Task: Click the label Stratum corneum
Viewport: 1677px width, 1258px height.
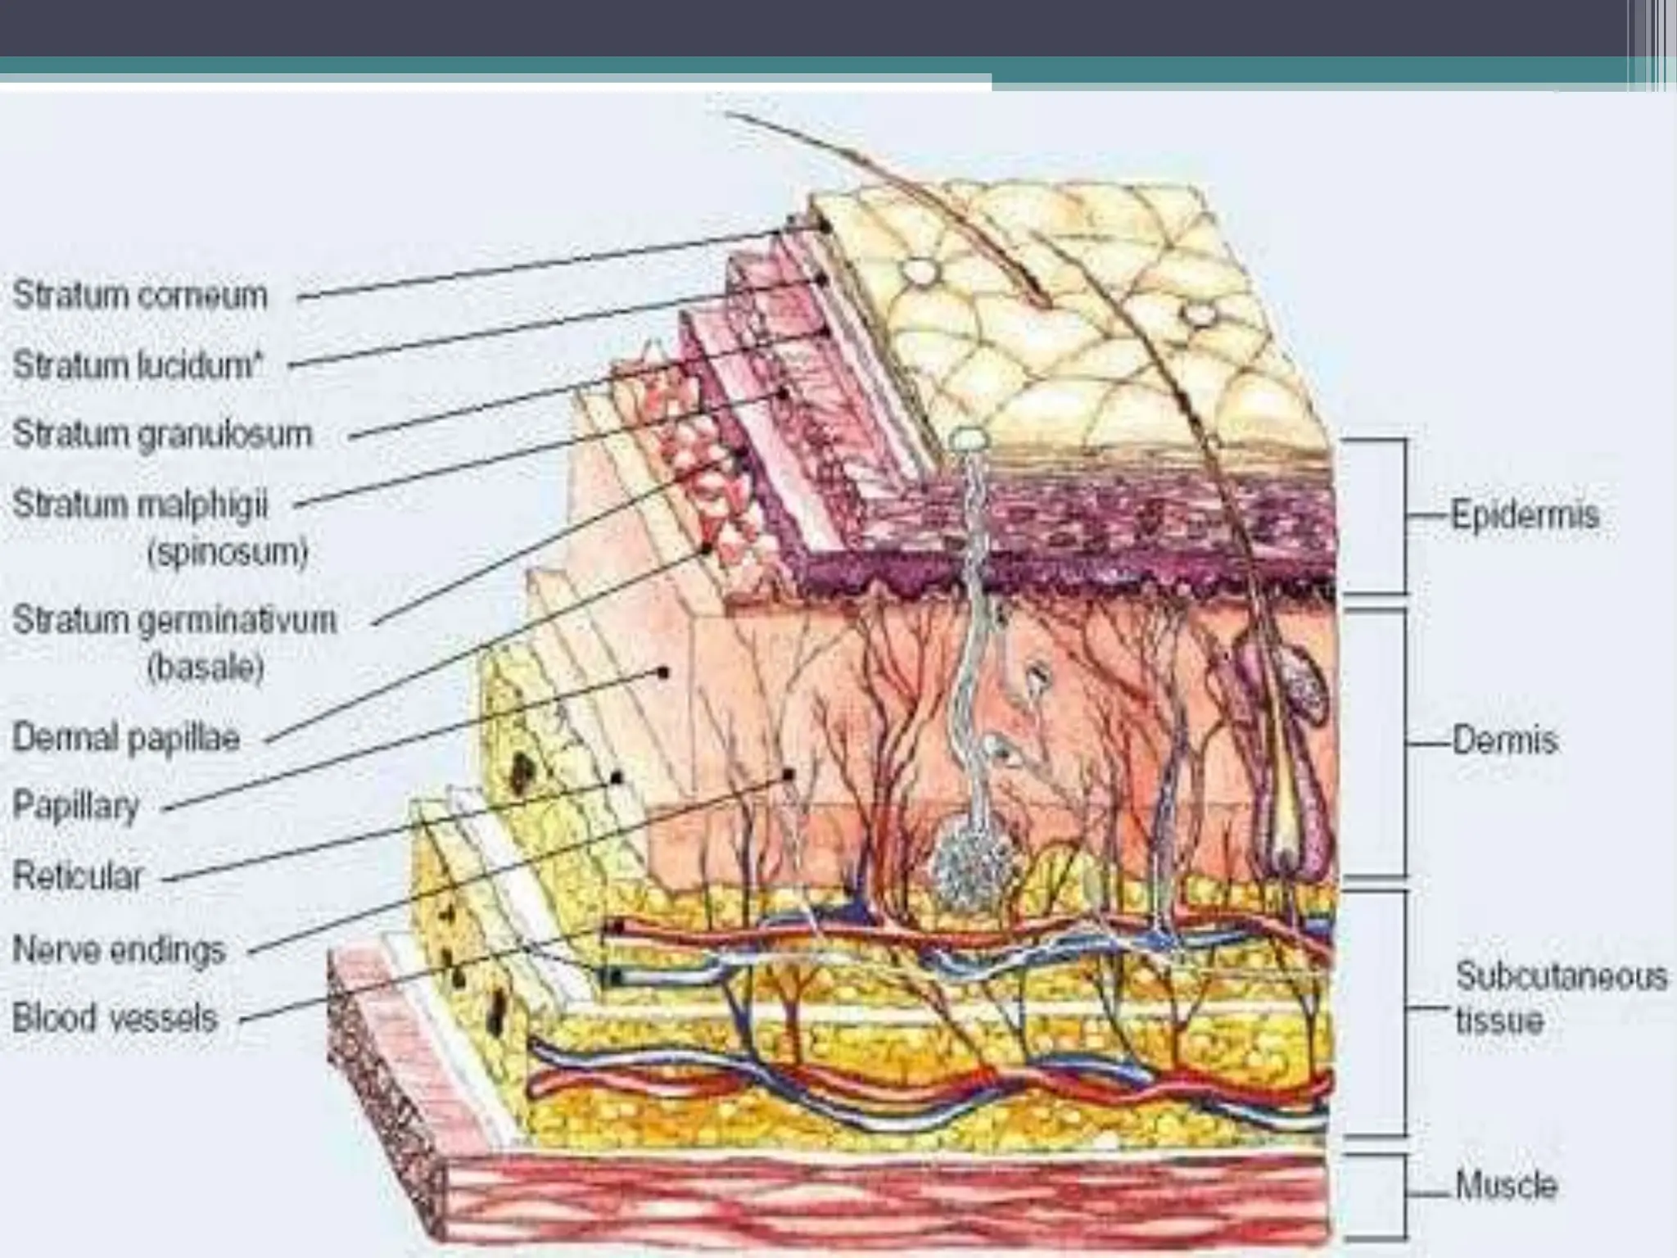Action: tap(140, 296)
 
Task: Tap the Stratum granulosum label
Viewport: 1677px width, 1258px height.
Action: tap(162, 434)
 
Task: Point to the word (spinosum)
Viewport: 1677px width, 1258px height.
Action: tap(228, 554)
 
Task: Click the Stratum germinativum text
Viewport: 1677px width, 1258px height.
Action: tap(174, 621)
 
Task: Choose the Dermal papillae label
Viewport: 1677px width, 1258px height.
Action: tap(126, 739)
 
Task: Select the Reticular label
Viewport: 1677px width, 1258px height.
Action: tap(78, 877)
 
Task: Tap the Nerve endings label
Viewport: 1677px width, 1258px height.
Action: tap(119, 950)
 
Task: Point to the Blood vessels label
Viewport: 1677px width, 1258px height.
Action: tap(115, 1019)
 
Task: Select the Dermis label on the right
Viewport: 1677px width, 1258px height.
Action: tap(1504, 740)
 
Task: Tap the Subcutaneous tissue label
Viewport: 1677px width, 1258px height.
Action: tap(1561, 998)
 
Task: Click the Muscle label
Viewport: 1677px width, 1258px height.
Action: tap(1506, 1185)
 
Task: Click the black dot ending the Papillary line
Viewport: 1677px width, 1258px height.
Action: tap(663, 673)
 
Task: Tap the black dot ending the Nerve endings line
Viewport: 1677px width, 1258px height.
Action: tap(789, 773)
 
